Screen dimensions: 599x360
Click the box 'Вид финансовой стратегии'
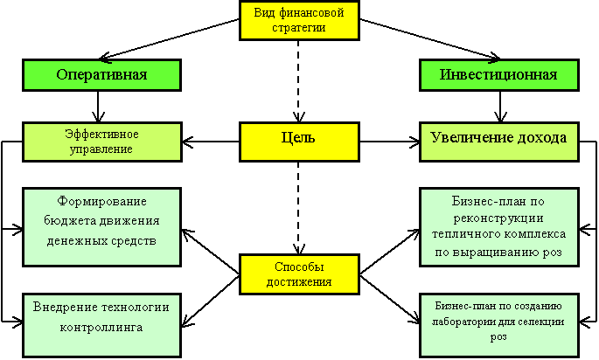click(x=299, y=20)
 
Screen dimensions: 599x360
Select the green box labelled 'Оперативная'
click(x=101, y=75)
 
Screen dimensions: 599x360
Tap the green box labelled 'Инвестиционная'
click(x=499, y=75)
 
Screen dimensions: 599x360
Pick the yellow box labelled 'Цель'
click(x=299, y=142)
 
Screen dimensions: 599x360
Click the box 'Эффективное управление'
click(x=102, y=142)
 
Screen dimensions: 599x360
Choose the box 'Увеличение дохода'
click(x=499, y=142)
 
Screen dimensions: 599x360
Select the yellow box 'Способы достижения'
click(x=299, y=274)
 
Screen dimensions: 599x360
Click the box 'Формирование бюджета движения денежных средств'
click(x=101, y=227)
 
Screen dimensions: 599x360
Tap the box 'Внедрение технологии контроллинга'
click(x=101, y=325)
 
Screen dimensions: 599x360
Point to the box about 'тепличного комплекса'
click(x=499, y=227)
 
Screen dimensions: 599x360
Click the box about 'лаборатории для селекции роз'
click(x=499, y=325)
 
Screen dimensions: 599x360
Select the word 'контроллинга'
click(x=101, y=328)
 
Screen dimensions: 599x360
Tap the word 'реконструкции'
click(x=498, y=218)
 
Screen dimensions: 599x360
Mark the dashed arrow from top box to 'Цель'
click(x=298, y=81)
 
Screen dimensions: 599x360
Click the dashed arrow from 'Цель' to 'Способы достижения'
click(x=298, y=208)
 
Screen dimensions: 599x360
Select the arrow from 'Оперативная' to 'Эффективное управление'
click(x=98, y=107)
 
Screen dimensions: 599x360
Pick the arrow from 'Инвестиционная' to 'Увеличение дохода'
click(x=500, y=107)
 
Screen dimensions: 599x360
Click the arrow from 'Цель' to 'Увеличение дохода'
click(x=389, y=142)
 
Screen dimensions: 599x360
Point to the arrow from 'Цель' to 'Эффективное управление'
click(x=211, y=142)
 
